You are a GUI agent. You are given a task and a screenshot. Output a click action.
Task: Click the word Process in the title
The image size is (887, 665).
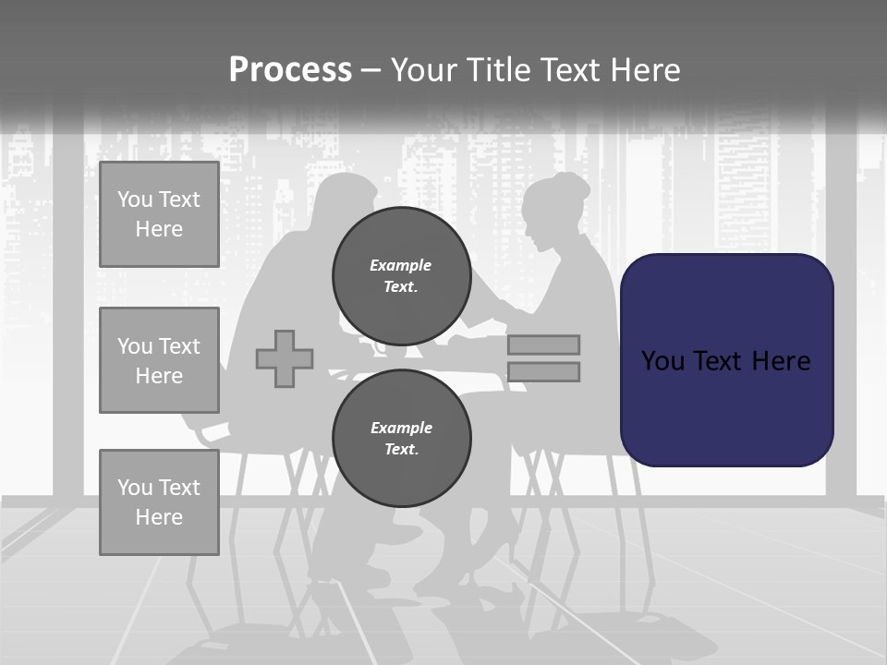pos(290,70)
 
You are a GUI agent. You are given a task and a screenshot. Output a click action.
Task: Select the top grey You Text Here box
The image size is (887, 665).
pos(159,214)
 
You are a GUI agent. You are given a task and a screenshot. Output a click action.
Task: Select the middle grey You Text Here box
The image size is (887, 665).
pos(159,360)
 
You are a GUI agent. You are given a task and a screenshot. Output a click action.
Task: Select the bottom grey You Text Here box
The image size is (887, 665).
pos(159,502)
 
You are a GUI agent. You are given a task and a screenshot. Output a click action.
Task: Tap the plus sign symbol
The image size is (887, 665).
pos(285,358)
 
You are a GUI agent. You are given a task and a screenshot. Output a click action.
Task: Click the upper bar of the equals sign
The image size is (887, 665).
pos(543,345)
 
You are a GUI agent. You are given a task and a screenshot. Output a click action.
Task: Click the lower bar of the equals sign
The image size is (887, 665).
pos(543,371)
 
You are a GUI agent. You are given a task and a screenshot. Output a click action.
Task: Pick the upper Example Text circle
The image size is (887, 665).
pos(402,276)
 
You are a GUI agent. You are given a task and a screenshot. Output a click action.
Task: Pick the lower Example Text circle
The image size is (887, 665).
pos(402,438)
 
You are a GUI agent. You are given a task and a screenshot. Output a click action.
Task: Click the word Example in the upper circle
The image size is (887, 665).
pos(400,265)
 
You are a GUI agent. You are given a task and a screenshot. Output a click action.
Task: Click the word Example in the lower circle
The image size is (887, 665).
pos(401,428)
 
